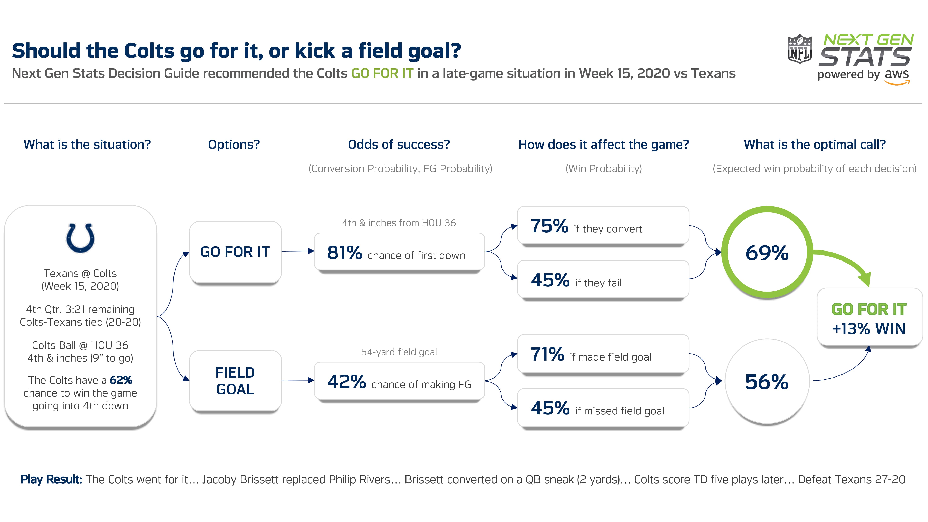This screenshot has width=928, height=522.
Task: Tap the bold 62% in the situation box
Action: click(121, 380)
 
